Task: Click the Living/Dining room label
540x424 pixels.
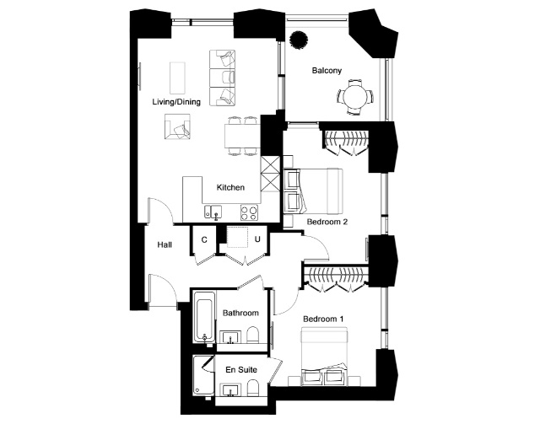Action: [176, 102]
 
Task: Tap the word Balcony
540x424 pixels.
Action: [327, 71]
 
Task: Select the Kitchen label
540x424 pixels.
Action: [230, 188]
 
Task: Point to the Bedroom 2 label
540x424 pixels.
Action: [327, 222]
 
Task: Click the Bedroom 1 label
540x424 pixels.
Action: [323, 319]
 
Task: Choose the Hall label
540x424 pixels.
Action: [165, 244]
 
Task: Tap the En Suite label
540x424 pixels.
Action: [241, 369]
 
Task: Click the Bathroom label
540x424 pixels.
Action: [240, 314]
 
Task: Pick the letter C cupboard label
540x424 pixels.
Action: [204, 240]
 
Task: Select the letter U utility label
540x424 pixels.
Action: [257, 239]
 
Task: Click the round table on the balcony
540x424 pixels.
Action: [355, 97]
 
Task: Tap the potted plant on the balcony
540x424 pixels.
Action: [298, 40]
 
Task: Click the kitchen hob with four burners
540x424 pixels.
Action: [249, 212]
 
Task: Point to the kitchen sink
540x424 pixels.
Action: [213, 212]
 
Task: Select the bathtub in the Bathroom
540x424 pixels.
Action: [204, 317]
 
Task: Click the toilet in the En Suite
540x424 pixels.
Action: [252, 388]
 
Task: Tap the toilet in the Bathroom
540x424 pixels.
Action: [252, 335]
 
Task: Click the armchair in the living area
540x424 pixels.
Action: [177, 126]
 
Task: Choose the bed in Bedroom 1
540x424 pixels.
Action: [324, 357]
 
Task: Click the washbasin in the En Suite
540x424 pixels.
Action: [230, 390]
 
